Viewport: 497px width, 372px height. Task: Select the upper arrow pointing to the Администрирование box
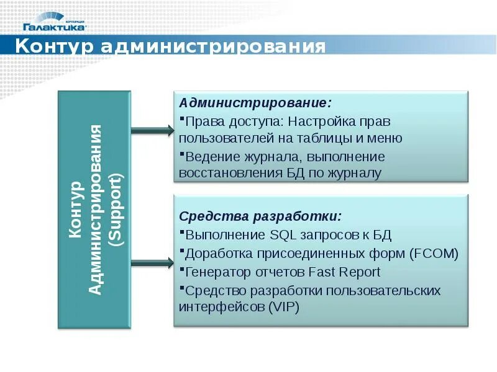[x=153, y=130]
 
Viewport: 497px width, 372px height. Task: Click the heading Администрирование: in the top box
[x=255, y=102]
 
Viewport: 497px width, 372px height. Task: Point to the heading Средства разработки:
[x=260, y=216]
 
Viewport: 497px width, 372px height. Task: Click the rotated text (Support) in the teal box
[x=115, y=210]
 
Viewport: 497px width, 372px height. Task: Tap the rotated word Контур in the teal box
[x=75, y=210]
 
